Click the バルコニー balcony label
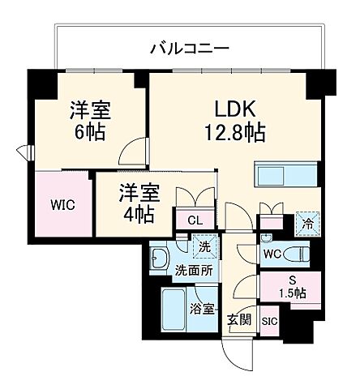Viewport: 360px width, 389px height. [x=190, y=49]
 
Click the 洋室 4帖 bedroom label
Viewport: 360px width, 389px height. [x=139, y=204]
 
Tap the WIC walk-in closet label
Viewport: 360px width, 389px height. [x=62, y=204]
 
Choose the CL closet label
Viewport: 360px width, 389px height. [x=195, y=219]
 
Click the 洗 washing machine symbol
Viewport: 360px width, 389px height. [x=204, y=246]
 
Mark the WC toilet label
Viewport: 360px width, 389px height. [x=271, y=254]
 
